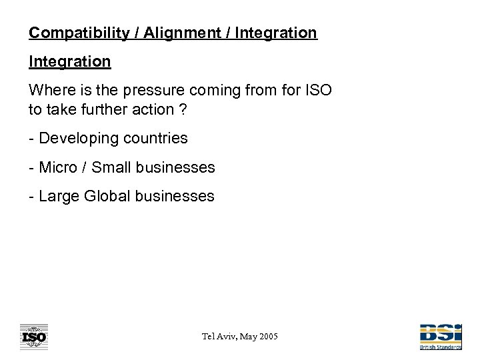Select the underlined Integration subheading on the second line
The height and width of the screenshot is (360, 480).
coord(69,61)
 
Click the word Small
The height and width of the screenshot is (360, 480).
coord(111,167)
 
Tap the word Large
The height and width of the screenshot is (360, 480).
coord(58,196)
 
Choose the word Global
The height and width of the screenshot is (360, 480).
coord(107,196)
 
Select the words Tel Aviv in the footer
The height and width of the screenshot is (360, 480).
coord(215,337)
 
